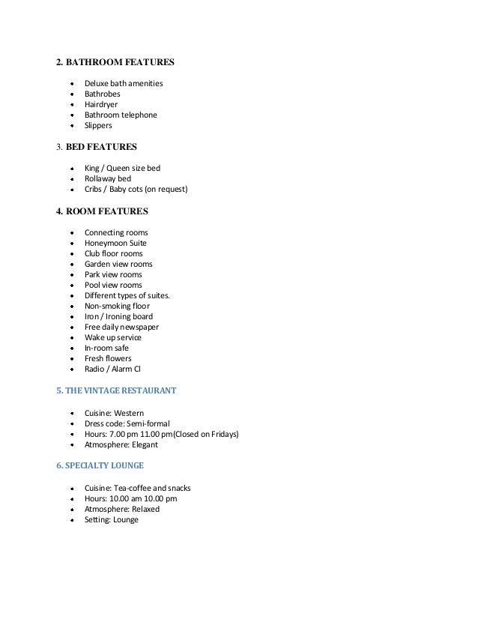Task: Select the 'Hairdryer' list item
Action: [101, 104]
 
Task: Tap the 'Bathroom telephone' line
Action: [121, 115]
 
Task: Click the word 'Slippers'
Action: [98, 125]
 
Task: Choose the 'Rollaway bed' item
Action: [108, 179]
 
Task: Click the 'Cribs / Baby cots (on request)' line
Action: [136, 190]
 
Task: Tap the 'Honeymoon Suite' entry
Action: [115, 243]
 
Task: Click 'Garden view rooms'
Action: [118, 264]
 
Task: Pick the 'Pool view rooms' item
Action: [113, 285]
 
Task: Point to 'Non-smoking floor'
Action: [117, 306]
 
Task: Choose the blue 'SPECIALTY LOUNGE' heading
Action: [100, 466]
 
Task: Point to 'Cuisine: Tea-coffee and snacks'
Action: [138, 488]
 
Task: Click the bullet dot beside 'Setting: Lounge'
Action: [71, 520]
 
